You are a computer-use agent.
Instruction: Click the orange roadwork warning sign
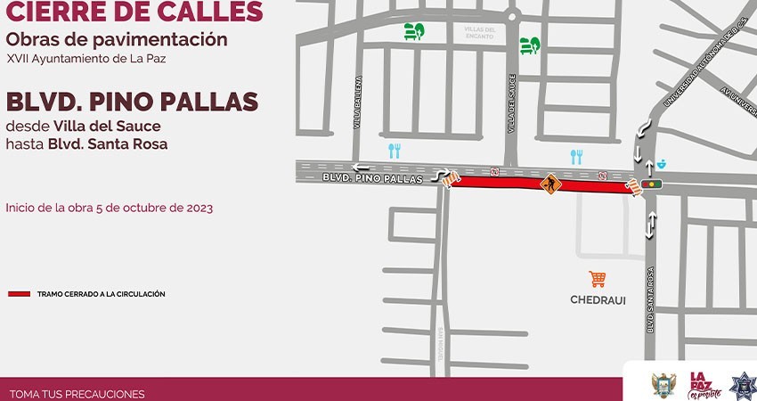click(549, 184)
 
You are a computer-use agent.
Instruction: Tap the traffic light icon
click(654, 184)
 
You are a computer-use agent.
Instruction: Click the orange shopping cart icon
click(597, 279)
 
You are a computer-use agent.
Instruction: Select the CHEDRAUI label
click(598, 300)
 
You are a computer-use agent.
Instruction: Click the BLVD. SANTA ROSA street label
click(651, 300)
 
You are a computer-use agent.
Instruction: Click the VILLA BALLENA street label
click(358, 102)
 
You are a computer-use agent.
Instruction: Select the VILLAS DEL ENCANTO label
click(485, 32)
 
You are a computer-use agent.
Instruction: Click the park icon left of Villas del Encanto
click(413, 31)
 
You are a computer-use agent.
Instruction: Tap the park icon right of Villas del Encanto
click(530, 44)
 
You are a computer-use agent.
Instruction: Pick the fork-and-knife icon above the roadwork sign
click(576, 157)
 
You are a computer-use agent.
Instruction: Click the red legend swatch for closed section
click(19, 294)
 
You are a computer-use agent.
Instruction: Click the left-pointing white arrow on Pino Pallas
click(361, 167)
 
